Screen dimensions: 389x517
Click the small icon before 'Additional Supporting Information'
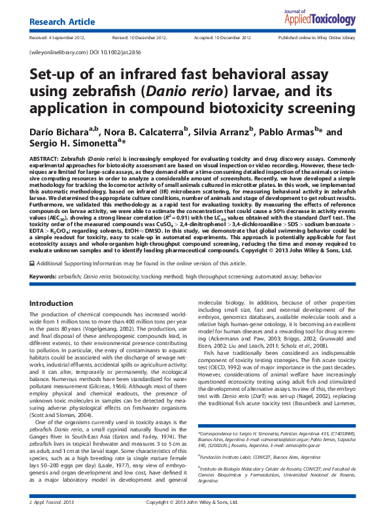click(x=33, y=280)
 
